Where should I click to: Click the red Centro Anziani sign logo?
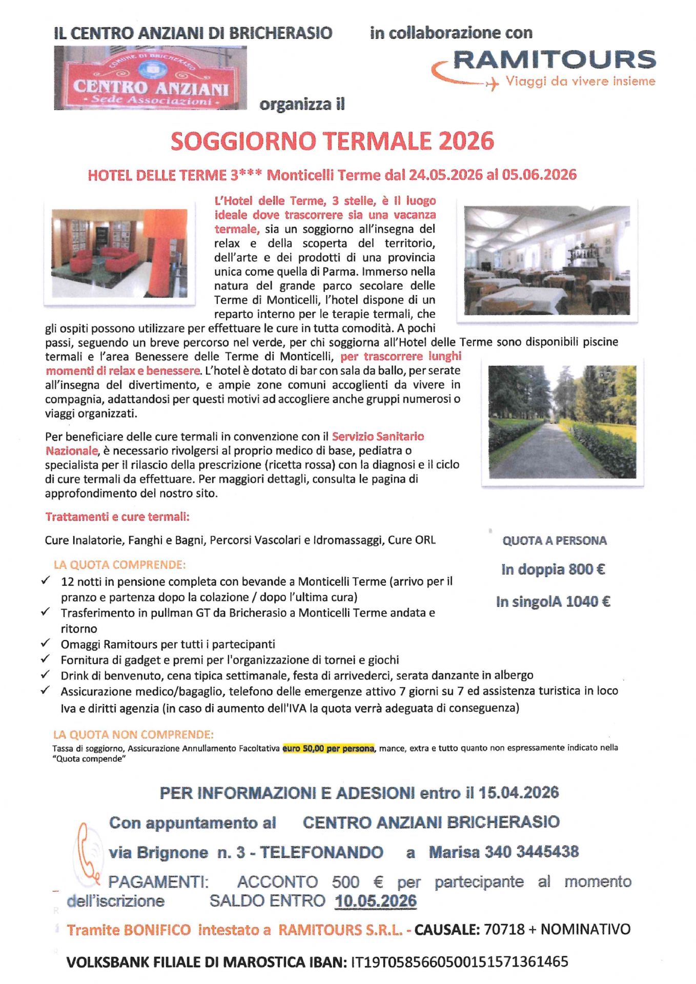coord(150,78)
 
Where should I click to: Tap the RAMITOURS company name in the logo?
coord(554,60)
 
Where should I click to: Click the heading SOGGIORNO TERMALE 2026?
coord(332,141)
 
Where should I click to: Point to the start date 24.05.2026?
coord(445,175)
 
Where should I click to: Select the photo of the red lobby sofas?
coord(119,253)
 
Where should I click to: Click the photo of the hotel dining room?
coord(547,260)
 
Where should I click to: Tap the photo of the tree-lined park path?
coord(562,422)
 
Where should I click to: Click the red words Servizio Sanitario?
coord(378,437)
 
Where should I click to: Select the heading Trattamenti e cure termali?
coord(117,517)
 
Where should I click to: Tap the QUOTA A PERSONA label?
coord(554,541)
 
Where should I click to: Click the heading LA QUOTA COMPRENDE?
coord(119,565)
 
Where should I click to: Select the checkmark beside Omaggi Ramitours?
coord(46,643)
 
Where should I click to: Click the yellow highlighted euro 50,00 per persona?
coord(329,748)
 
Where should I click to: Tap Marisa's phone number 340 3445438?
coord(531,852)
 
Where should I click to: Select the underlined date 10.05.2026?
coord(376,901)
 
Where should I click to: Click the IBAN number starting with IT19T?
coord(459,962)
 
